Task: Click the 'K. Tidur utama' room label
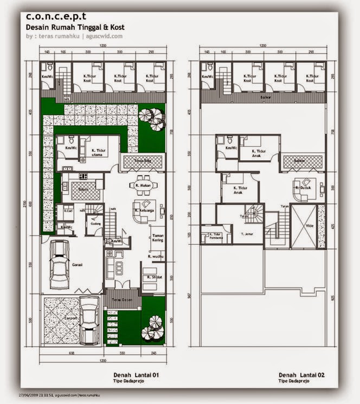99,152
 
